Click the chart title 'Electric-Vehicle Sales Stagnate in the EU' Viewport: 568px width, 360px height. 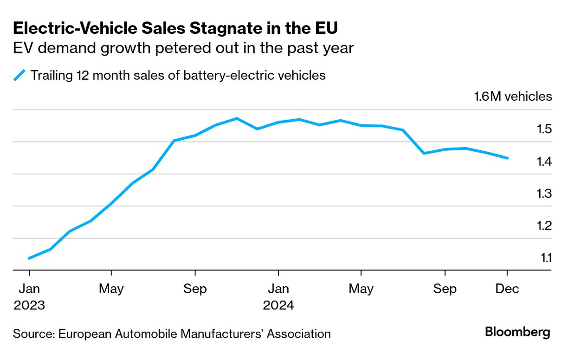click(175, 28)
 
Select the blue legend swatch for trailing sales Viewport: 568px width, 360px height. click(19, 75)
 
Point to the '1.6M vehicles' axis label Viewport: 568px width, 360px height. click(513, 96)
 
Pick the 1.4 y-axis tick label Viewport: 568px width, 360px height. click(543, 161)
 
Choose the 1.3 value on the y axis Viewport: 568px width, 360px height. click(543, 193)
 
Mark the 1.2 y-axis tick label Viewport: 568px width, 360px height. click(543, 226)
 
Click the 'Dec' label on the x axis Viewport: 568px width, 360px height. click(507, 289)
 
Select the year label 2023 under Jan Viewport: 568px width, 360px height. click(29, 306)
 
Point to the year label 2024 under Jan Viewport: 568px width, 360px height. click(278, 306)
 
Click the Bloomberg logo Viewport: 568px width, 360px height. click(517, 332)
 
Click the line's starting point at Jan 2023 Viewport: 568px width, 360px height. click(29, 258)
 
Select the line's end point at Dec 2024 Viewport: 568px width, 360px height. click(508, 158)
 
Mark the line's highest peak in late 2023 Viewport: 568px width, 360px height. click(237, 118)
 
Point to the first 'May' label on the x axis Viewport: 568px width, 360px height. click(111, 289)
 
